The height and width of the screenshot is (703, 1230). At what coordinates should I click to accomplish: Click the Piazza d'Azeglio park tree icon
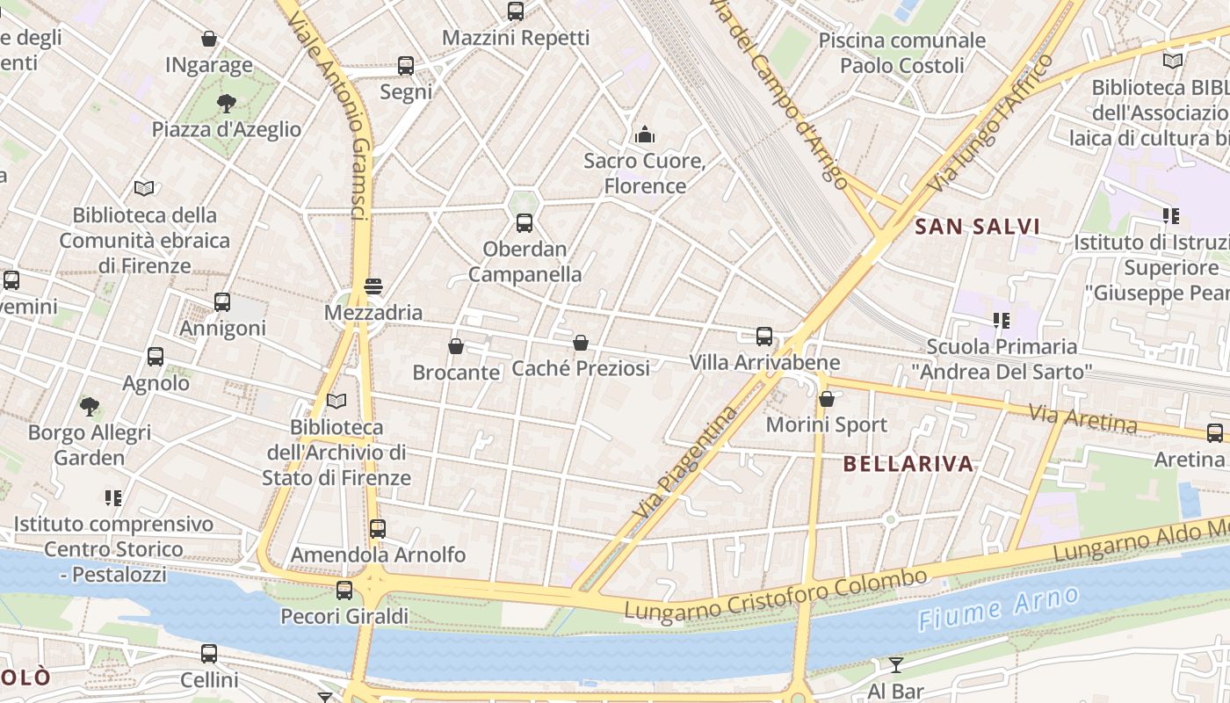[227, 103]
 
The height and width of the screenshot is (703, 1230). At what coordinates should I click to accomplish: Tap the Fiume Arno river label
[999, 608]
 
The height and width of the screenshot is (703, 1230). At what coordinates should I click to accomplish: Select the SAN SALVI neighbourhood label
[977, 227]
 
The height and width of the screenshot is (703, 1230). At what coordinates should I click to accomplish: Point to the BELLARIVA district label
[908, 464]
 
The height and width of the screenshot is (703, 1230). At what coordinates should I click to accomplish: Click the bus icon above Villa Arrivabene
[764, 336]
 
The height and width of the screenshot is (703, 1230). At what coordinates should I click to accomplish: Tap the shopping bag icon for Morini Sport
[826, 399]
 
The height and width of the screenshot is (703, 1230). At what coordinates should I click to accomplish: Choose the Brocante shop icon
[455, 346]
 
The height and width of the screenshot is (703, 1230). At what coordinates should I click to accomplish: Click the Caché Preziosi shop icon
[580, 342]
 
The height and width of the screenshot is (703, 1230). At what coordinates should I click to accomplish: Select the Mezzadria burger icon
[373, 286]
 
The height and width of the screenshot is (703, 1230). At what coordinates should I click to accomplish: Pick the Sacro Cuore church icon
[645, 134]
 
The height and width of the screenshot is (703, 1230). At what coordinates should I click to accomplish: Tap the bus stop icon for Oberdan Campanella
[525, 222]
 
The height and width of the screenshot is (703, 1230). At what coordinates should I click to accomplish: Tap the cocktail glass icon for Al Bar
[895, 664]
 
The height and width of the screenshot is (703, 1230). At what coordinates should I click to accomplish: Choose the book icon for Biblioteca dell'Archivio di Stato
[336, 401]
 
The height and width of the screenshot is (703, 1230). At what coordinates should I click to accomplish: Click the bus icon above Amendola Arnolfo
[378, 528]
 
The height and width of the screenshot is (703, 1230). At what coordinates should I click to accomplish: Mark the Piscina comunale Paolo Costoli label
[901, 53]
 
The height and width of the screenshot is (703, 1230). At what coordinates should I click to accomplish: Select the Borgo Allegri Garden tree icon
[89, 406]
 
